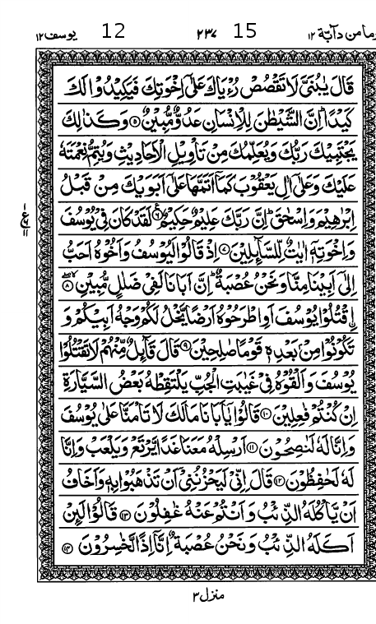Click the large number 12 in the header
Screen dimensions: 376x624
[x=114, y=31]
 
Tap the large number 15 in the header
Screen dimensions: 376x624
[x=244, y=31]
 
